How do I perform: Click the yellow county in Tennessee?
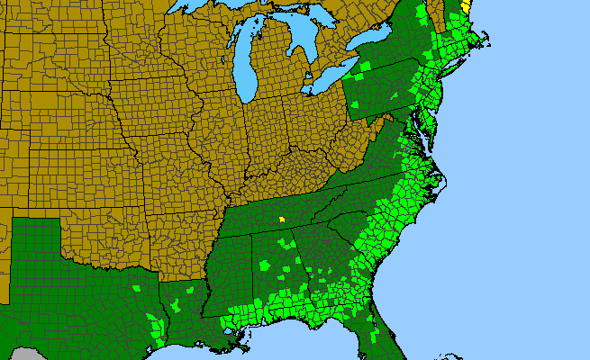click(282, 218)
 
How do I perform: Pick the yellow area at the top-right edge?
click(465, 4)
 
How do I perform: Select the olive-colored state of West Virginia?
click(356, 144)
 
